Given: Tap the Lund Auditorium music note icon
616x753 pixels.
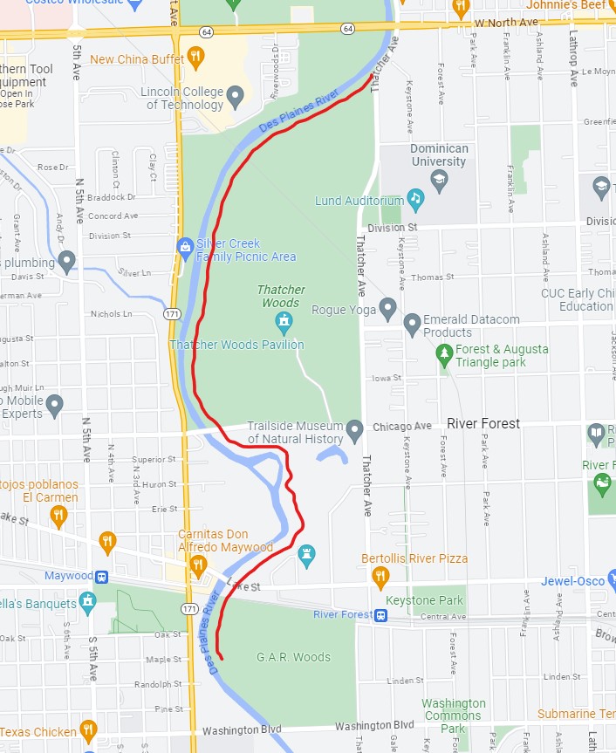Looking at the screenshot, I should (415, 201).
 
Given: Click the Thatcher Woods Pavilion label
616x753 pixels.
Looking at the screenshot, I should (236, 345).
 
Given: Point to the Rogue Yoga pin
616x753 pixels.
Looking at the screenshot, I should (388, 309).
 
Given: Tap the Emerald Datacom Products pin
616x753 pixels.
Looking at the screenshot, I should (413, 325).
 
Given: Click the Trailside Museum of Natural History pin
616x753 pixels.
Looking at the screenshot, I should (354, 430).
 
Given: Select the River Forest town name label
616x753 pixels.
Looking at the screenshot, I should (483, 424).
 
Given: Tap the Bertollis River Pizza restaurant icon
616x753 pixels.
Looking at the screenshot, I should (380, 576).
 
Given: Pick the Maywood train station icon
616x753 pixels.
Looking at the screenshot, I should (102, 577).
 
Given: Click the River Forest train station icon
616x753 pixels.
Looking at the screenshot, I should (381, 615).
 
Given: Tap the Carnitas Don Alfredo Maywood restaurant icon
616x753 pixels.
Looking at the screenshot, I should (197, 565).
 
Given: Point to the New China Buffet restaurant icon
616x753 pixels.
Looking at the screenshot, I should (196, 59).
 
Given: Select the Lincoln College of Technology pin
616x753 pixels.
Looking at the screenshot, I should (235, 96).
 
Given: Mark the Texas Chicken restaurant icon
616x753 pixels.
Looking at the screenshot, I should (88, 730).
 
